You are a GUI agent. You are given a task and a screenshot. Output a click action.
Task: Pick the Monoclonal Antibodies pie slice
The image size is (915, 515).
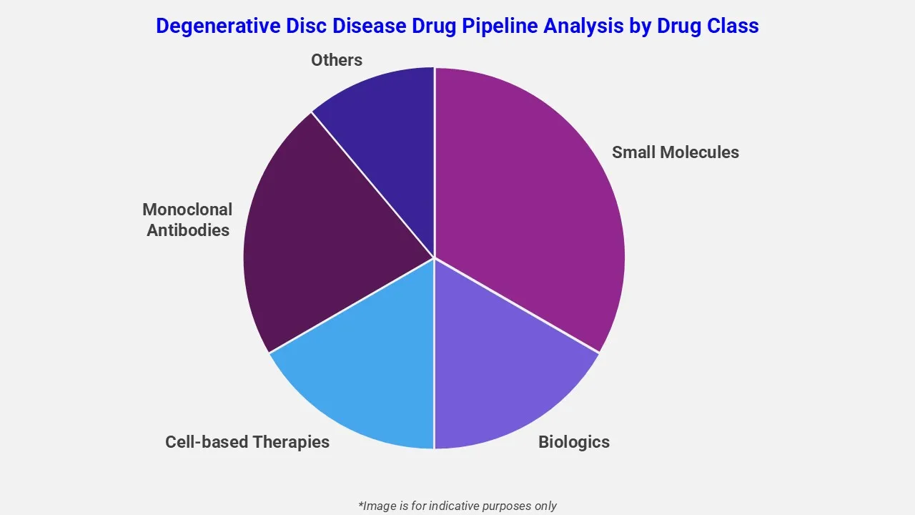click(322, 236)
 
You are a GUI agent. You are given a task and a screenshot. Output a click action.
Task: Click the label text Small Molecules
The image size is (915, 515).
click(675, 152)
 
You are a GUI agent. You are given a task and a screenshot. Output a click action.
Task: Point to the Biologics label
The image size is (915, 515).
click(573, 442)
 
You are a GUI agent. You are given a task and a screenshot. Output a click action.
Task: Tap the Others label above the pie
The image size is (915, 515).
click(336, 60)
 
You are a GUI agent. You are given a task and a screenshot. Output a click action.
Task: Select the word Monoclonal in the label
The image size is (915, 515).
click(187, 210)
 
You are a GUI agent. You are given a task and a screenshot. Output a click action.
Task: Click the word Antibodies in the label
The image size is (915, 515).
click(187, 230)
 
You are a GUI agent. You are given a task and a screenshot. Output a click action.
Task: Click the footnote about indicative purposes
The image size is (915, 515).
click(457, 506)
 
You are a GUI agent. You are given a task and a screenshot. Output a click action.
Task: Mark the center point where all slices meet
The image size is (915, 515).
click(434, 257)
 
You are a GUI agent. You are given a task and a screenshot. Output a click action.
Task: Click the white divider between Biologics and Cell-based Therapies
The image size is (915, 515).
click(434, 358)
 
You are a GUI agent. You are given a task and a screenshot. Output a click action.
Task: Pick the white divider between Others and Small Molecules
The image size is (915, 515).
click(434, 157)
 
